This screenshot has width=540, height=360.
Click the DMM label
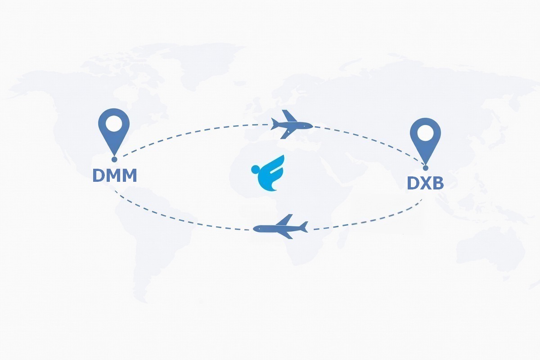pyautogui.click(x=115, y=175)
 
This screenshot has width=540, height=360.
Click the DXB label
pyautogui.click(x=425, y=183)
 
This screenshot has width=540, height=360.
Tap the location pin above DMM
pyautogui.click(x=114, y=132)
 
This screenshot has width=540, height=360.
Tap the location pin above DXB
pyautogui.click(x=426, y=142)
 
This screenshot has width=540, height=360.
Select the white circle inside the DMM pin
pyautogui.click(x=114, y=124)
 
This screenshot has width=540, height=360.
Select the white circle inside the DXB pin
pyautogui.click(x=426, y=133)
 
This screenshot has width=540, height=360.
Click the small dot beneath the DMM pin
pyautogui.click(x=114, y=159)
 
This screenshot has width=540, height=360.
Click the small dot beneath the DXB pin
pyautogui.click(x=426, y=168)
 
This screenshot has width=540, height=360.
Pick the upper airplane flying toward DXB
pyautogui.click(x=292, y=124)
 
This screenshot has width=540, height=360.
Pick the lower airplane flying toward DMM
pyautogui.click(x=280, y=226)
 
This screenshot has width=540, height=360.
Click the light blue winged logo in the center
pyautogui.click(x=268, y=173)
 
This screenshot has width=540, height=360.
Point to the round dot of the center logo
pyautogui.click(x=255, y=169)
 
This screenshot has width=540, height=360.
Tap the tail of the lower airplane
pyautogui.click(x=304, y=227)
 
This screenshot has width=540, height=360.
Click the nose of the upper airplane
pyautogui.click(x=312, y=126)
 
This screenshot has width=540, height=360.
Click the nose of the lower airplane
pyautogui.click(x=254, y=228)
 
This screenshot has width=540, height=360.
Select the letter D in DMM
pyautogui.click(x=98, y=175)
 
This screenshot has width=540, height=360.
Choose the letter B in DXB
pyautogui.click(x=438, y=183)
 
